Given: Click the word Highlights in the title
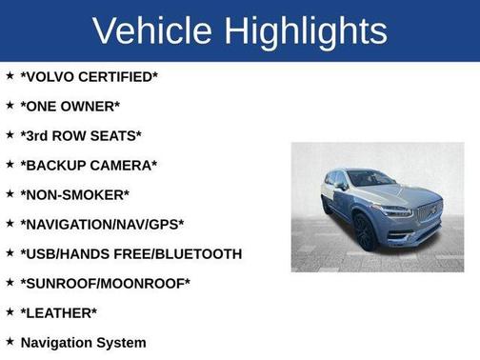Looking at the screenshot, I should coord(306,30).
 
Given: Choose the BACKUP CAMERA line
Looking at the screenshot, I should coord(89,165).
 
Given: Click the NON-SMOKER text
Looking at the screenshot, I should coord(74,194).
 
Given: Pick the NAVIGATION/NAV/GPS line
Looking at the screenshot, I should coord(102,224).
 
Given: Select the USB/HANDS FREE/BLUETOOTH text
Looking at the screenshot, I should coord(130,253).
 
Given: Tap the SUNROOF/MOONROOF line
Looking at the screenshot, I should coord(105,283).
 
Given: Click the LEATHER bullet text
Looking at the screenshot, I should coord(58,312).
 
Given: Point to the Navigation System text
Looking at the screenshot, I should coord(83,342).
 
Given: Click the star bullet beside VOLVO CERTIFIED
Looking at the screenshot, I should coord(10,75).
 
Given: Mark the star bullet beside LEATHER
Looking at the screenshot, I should coord(10,311).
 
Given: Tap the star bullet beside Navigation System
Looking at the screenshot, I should coord(10,341).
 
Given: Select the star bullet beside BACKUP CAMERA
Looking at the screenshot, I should coord(10,164).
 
